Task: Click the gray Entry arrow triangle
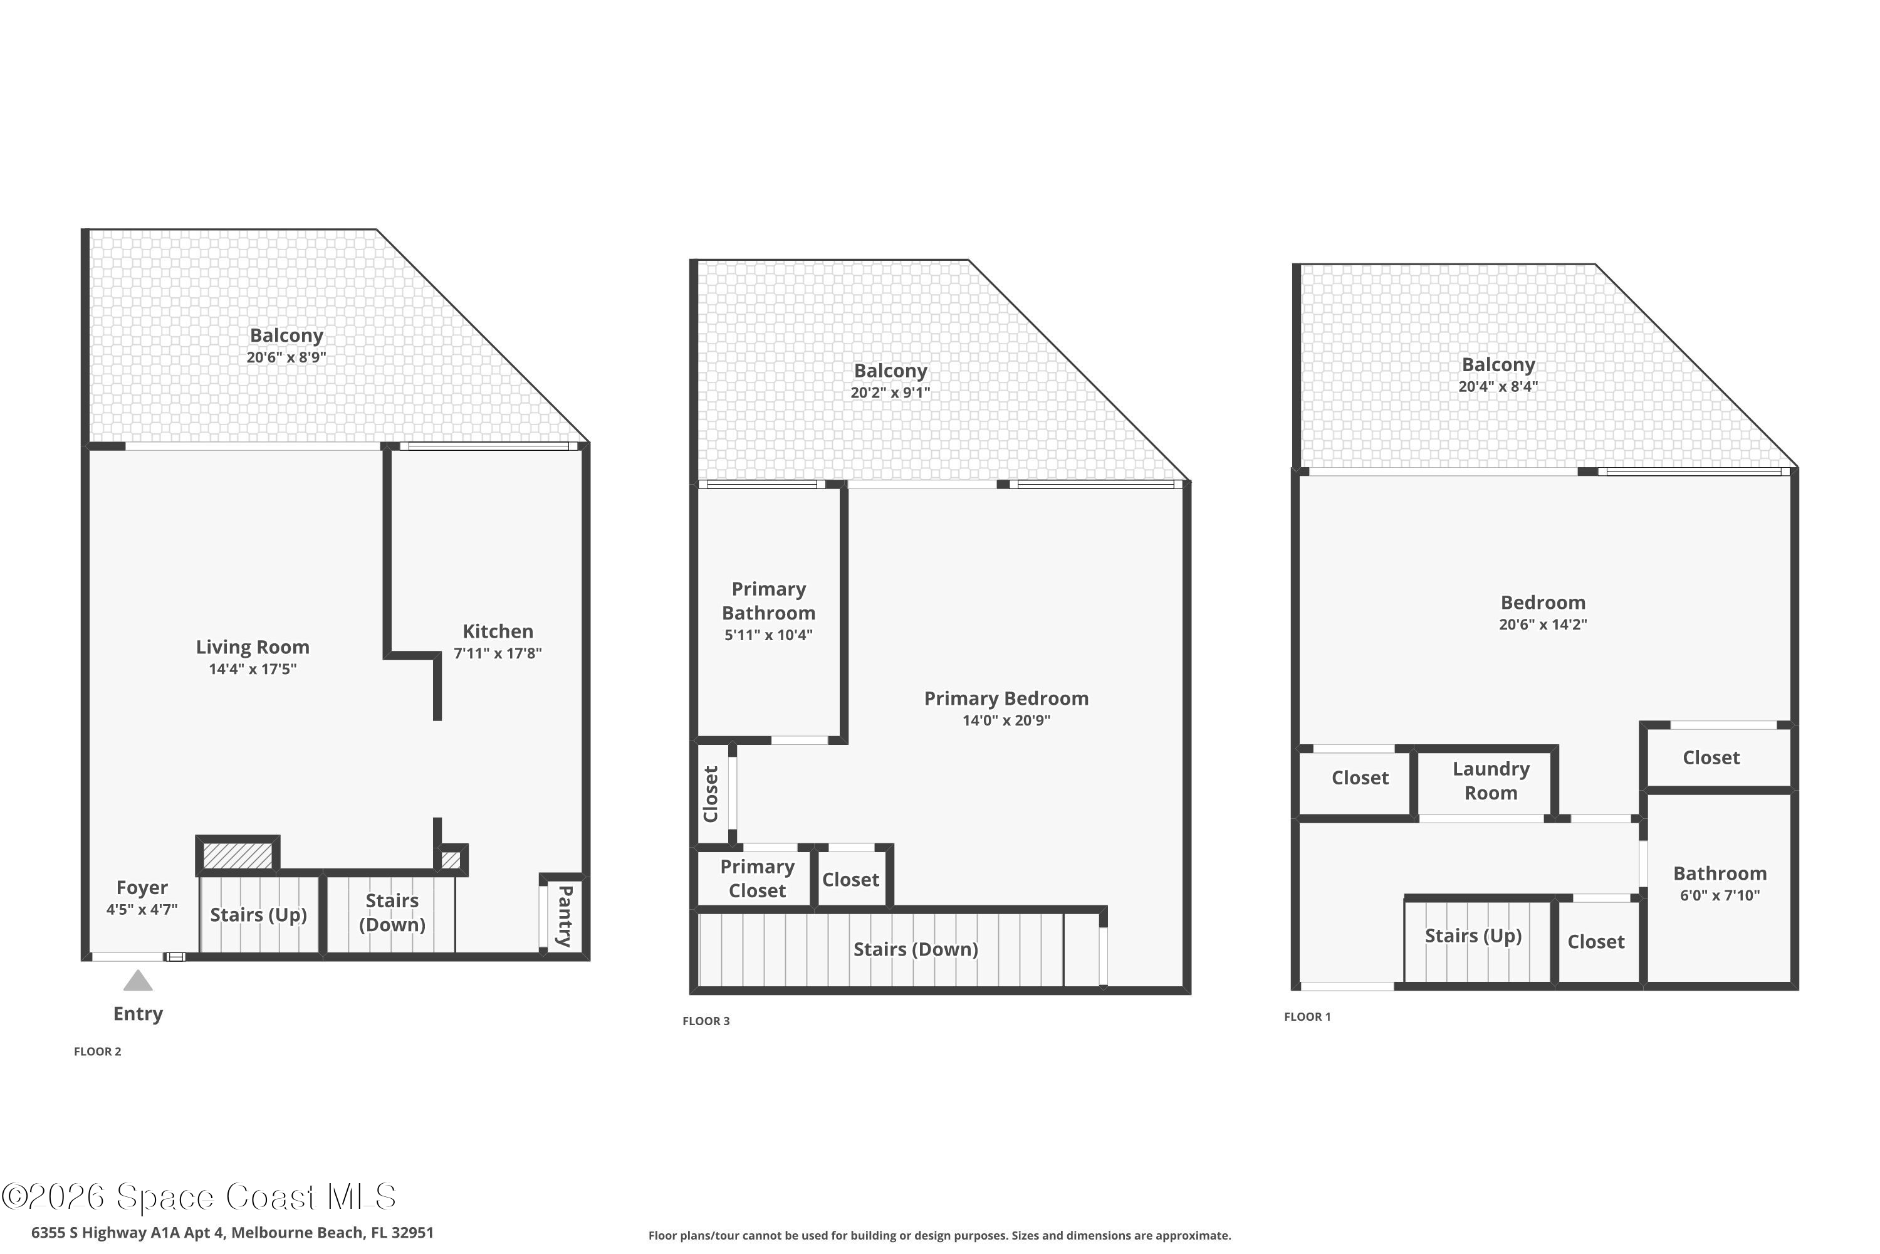(x=137, y=981)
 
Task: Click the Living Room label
(x=253, y=647)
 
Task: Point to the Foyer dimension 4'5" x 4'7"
(x=142, y=909)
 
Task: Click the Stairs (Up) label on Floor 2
(x=258, y=915)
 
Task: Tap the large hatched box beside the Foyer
(x=238, y=855)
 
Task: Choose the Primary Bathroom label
(x=768, y=601)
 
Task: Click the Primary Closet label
(x=757, y=878)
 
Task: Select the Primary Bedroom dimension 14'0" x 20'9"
(x=1006, y=720)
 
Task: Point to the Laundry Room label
(x=1491, y=781)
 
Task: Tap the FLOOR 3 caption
(x=706, y=1021)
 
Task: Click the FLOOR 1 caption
(x=1307, y=1016)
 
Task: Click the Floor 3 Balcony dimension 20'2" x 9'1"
(x=890, y=393)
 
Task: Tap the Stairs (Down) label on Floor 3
(x=915, y=949)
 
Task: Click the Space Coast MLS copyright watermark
(x=198, y=1197)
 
